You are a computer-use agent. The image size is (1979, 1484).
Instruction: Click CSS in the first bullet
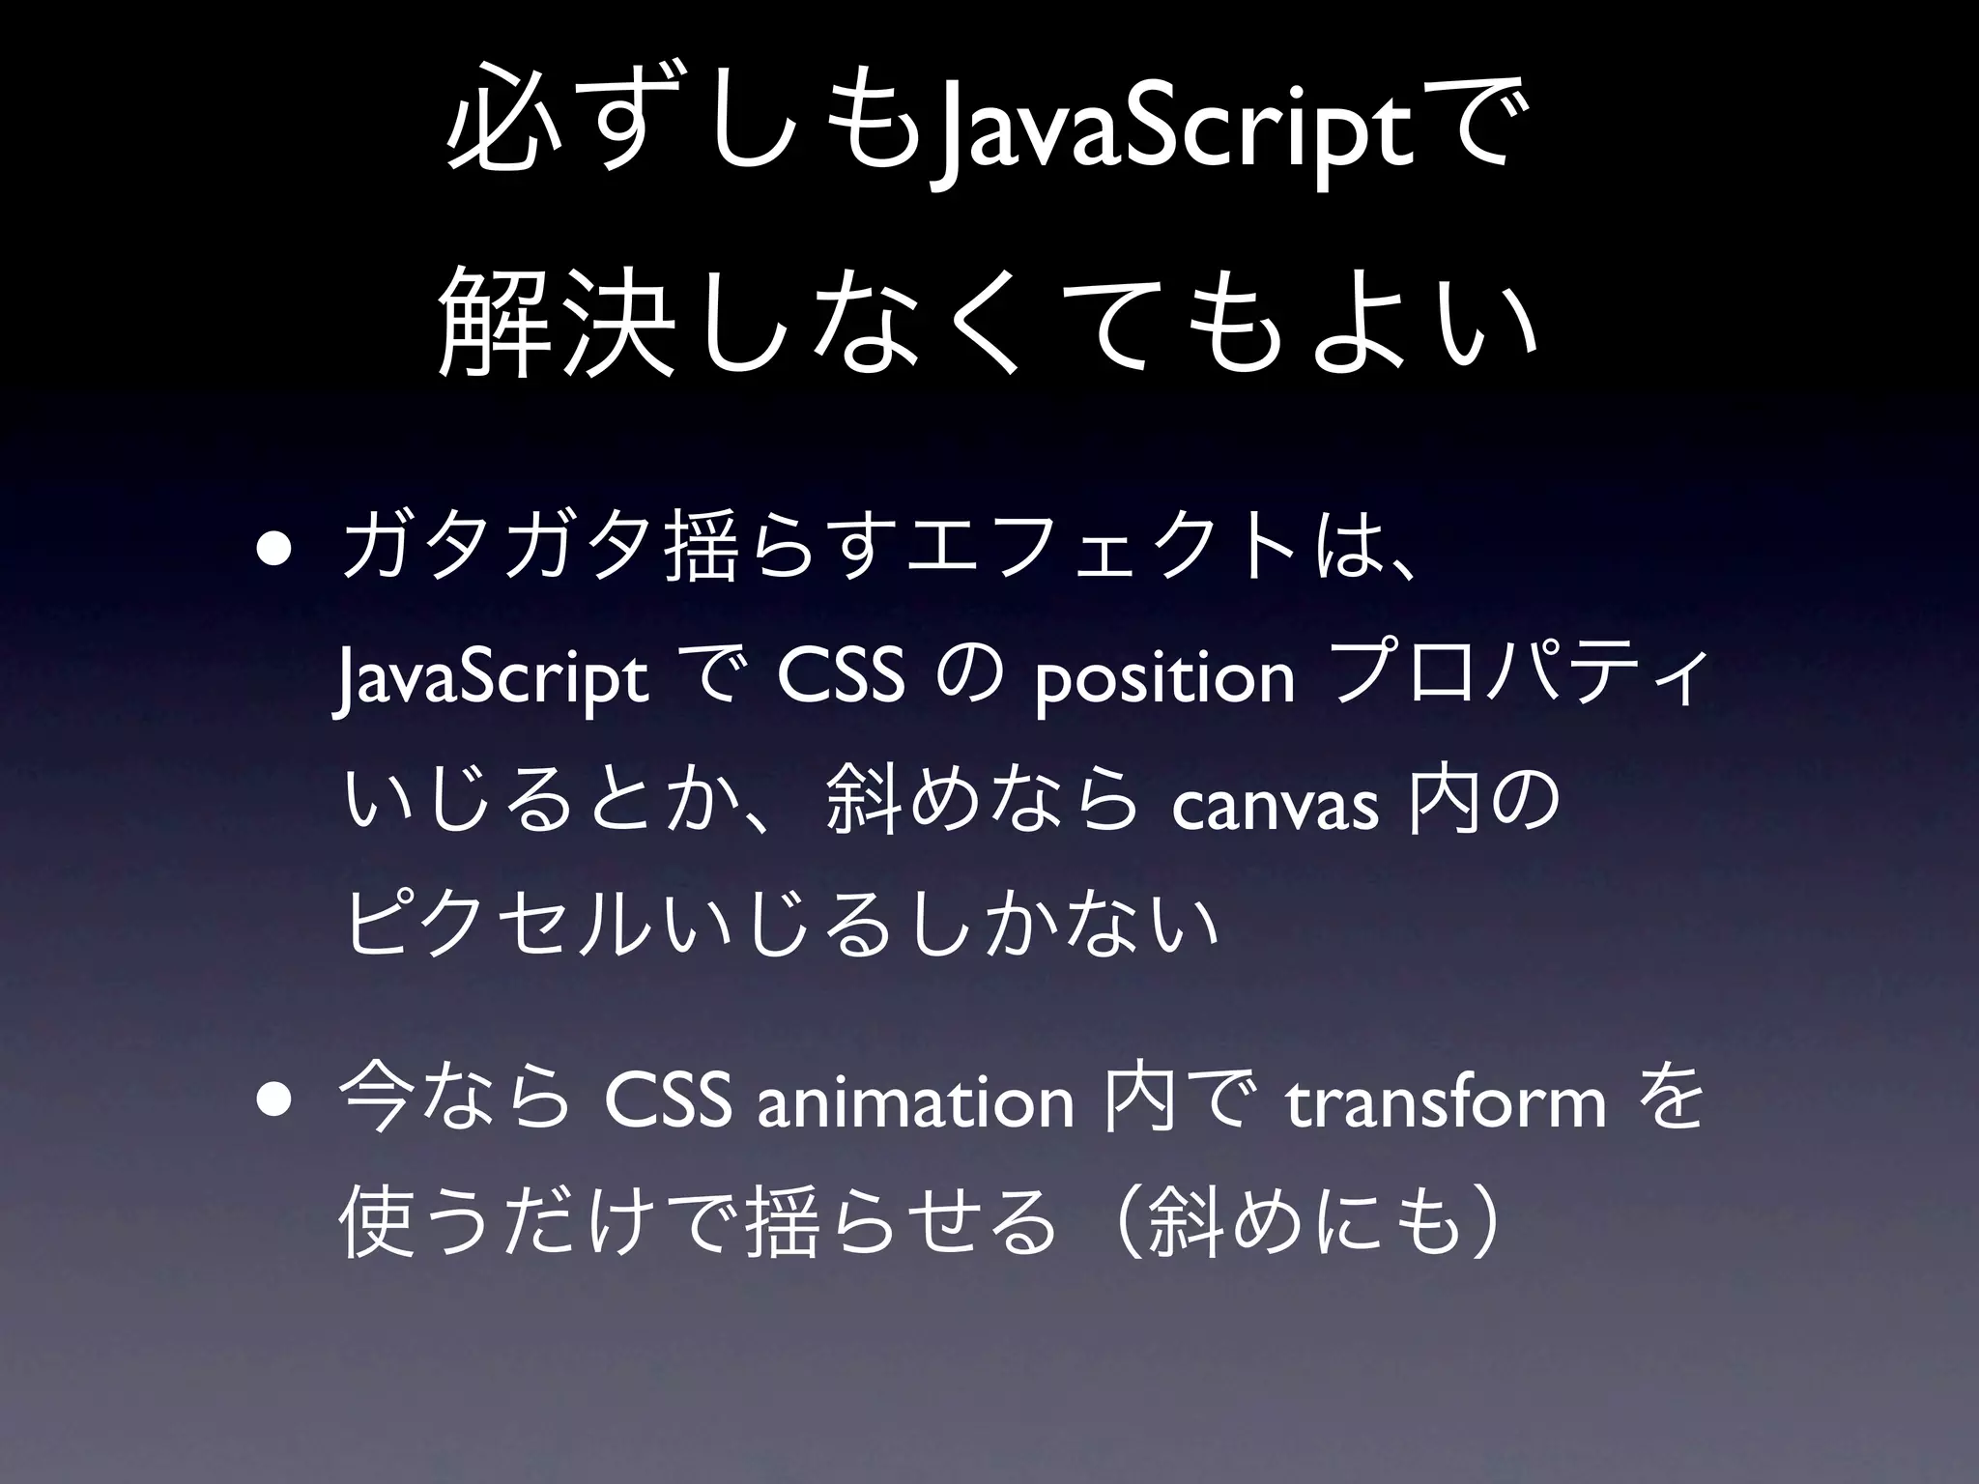841,680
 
